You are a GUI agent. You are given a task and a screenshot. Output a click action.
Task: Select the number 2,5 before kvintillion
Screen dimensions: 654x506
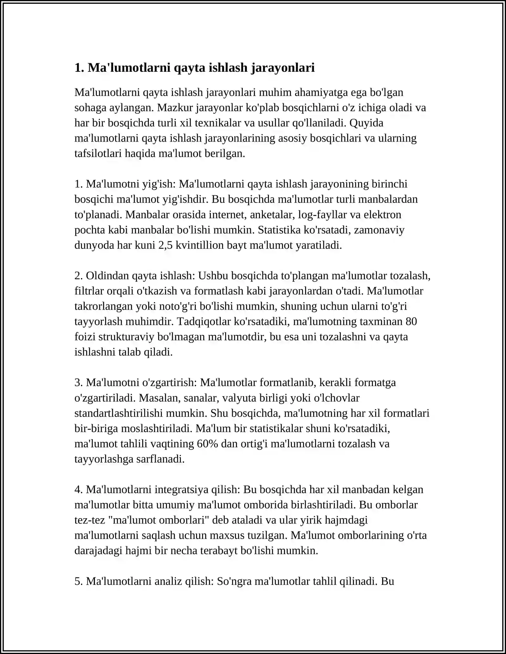pos(165,245)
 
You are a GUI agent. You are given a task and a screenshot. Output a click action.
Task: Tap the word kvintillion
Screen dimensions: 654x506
pos(200,245)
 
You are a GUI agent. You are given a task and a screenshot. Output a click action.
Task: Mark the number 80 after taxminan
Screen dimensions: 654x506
pos(411,321)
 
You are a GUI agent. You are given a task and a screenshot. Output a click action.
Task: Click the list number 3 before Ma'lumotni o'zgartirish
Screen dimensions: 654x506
pos(78,383)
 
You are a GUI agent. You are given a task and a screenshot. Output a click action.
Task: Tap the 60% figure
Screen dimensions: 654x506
pos(207,444)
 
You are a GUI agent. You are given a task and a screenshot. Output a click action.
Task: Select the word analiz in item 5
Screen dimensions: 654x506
pos(170,581)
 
